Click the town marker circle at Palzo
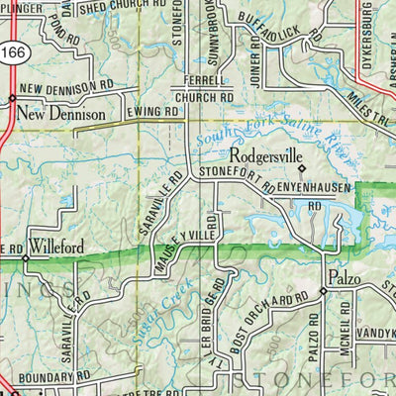coord(323,291)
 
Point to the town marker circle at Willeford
coord(27,258)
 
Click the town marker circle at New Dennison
coord(11,99)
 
